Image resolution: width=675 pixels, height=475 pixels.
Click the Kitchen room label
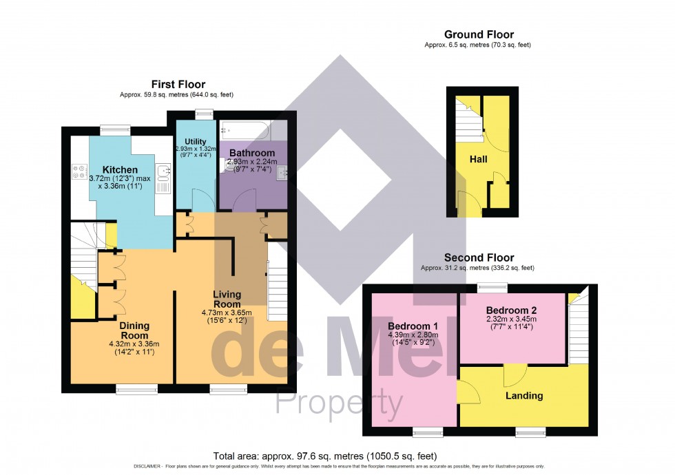click(x=120, y=169)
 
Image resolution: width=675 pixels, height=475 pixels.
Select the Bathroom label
click(x=252, y=152)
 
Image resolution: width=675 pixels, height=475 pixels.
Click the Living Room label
click(x=227, y=299)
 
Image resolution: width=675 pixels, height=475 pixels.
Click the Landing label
click(x=524, y=396)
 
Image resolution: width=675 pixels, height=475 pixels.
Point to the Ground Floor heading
click(x=479, y=34)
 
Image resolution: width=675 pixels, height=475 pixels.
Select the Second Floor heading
click(x=479, y=257)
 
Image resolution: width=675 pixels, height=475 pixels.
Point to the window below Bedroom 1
click(x=428, y=432)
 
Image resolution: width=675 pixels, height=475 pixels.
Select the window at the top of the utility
click(x=203, y=114)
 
